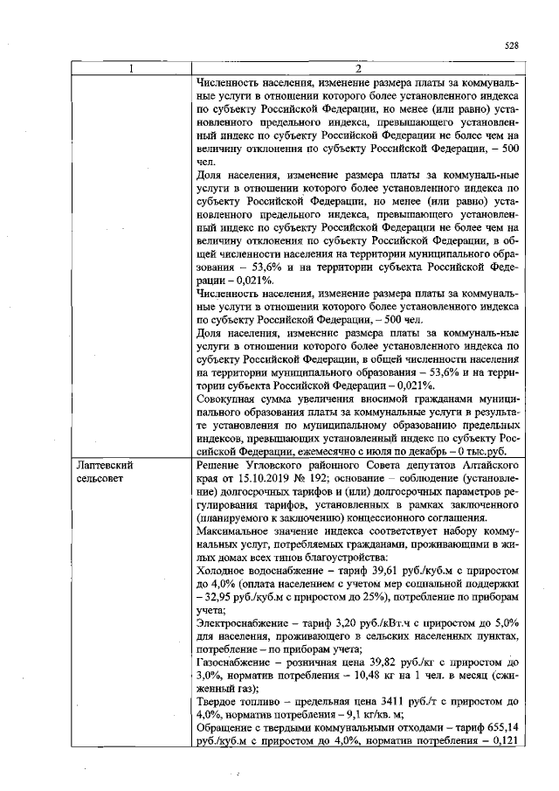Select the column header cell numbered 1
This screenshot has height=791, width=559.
tap(131, 70)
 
